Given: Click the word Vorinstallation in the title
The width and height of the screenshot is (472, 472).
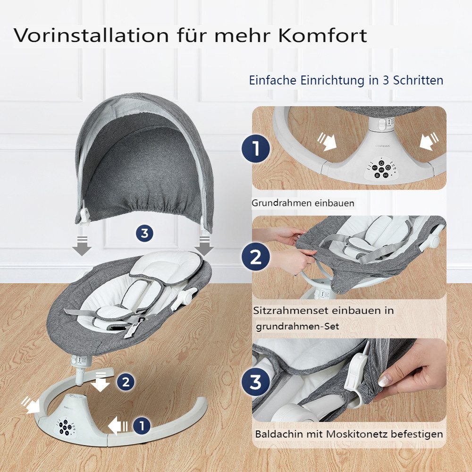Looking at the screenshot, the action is (x=91, y=35).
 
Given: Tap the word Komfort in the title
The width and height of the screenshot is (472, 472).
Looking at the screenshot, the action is (x=323, y=35).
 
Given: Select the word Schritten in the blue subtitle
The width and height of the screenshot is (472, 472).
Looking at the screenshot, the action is (x=418, y=80).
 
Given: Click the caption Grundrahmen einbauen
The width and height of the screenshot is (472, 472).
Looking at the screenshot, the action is (x=303, y=203).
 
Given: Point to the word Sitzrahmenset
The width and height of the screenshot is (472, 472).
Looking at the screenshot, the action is (x=290, y=311).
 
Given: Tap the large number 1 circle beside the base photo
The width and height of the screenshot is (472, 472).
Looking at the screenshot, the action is (x=256, y=148).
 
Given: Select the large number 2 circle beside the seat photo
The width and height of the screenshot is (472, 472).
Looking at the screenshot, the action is (x=256, y=257).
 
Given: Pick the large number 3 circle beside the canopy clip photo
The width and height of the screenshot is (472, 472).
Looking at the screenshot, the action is (x=256, y=382).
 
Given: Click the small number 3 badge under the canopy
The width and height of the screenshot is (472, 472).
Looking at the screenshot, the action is (x=144, y=233).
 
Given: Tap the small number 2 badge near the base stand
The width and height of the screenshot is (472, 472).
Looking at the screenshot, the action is (x=126, y=382).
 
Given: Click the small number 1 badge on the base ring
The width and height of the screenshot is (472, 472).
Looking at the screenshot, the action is (x=142, y=426).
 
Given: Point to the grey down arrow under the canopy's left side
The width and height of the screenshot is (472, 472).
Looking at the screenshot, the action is (x=82, y=246).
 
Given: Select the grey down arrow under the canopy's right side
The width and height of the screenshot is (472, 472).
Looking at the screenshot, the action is (x=204, y=246).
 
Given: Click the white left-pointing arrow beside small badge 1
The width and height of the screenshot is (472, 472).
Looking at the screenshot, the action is (x=118, y=426).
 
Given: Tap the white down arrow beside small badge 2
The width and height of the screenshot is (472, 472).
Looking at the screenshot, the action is (x=100, y=382).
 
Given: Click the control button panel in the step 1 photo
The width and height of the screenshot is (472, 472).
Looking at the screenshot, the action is (x=380, y=169).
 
